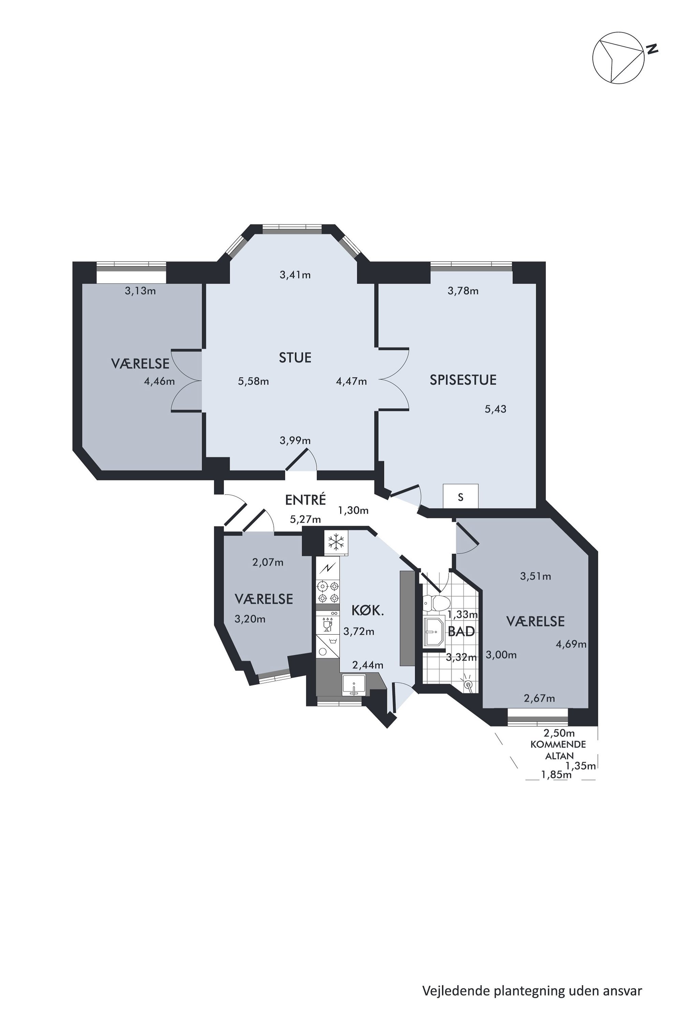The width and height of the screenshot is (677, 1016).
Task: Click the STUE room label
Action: pyautogui.click(x=295, y=358)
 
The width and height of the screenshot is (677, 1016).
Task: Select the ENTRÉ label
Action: pyautogui.click(x=305, y=500)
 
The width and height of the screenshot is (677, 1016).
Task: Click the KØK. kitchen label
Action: pyautogui.click(x=368, y=610)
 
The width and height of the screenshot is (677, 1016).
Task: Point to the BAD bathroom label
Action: pyautogui.click(x=461, y=632)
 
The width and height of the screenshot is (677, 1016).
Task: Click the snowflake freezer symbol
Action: pyautogui.click(x=336, y=542)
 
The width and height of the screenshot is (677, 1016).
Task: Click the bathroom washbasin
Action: pyautogui.click(x=433, y=632)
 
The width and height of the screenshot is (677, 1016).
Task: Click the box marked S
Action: pyautogui.click(x=461, y=496)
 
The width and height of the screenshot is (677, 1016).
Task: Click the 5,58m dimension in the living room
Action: pyautogui.click(x=254, y=381)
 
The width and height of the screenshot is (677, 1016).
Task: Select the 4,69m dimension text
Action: pyautogui.click(x=571, y=645)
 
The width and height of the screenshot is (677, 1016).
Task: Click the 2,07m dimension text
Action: pyautogui.click(x=268, y=562)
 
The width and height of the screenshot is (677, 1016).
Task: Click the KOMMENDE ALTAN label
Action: pyautogui.click(x=559, y=750)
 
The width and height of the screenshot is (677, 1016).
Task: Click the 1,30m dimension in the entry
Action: pyautogui.click(x=353, y=511)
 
